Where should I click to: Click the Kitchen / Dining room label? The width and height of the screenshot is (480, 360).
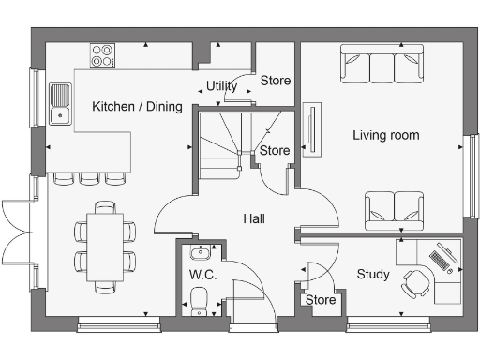click(137, 107)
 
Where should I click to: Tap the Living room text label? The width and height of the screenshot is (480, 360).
click(385, 135)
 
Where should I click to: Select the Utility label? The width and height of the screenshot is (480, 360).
click(221, 86)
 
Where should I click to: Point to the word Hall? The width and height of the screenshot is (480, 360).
click(254, 218)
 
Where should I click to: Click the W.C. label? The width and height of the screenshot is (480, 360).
click(202, 276)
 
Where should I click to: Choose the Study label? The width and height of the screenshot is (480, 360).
click(373, 274)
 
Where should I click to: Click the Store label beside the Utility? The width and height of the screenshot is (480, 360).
click(275, 81)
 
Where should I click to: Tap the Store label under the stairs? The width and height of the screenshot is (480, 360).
click(275, 150)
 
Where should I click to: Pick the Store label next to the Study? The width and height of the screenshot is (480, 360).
click(321, 300)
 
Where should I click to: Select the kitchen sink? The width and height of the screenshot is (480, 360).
click(60, 104)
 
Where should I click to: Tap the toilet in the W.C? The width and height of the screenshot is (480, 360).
click(200, 299)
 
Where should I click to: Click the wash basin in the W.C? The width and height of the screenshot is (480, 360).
click(199, 253)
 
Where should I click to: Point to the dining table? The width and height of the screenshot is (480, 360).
click(104, 246)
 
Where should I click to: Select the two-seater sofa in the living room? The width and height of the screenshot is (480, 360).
click(394, 207)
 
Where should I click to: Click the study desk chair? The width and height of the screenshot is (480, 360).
click(413, 283)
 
